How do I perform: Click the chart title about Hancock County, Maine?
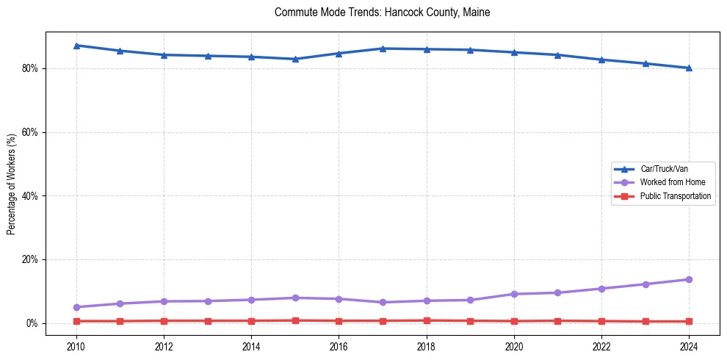tap(382, 12)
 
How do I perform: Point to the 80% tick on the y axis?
tap(33, 68)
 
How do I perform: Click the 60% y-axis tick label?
tap(33, 132)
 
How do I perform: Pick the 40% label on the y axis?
tap(33, 196)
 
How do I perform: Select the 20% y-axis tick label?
tap(33, 260)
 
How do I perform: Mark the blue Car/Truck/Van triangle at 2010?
tap(76, 46)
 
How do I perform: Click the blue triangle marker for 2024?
tap(689, 68)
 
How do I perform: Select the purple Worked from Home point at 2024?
tap(689, 279)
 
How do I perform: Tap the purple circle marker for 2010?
tap(76, 307)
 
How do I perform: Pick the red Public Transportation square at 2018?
tap(427, 320)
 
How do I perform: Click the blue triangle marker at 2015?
tap(295, 59)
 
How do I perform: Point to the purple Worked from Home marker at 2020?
tap(514, 294)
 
